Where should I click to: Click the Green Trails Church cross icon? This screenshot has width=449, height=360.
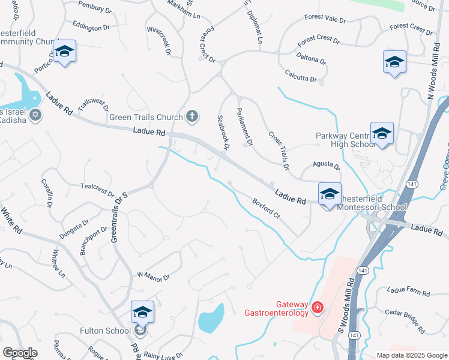(x=192, y=116)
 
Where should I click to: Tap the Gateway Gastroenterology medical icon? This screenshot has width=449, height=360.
(x=318, y=308)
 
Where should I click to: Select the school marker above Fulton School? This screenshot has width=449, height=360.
(x=142, y=313)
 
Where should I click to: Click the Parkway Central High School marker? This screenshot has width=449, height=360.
(x=382, y=135)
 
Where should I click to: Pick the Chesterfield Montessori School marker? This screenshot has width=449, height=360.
(x=329, y=195)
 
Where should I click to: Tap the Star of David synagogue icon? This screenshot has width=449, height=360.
(x=35, y=115)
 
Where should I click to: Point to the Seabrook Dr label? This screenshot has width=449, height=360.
(x=223, y=133)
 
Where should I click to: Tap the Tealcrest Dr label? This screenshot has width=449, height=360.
(x=97, y=190)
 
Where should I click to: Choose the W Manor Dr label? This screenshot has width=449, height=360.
(x=154, y=276)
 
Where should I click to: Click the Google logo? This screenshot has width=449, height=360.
(x=20, y=353)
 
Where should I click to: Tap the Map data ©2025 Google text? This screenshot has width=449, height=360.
(x=411, y=355)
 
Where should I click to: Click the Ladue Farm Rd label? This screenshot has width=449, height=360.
(x=409, y=292)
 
